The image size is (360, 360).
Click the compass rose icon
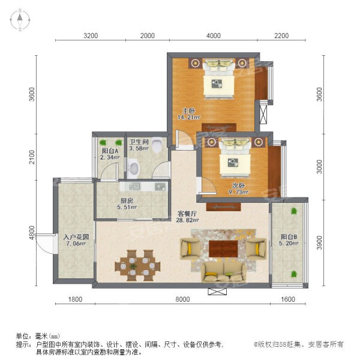coord(20,20)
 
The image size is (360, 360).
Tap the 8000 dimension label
coord(182,299)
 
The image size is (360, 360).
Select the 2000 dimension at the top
coord(148,35)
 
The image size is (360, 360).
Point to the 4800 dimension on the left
coord(32,233)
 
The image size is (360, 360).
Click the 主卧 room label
coord(189,111)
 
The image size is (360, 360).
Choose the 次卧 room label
coord(238,185)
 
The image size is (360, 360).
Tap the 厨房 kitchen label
coord(127,201)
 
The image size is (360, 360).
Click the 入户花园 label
coord(76,237)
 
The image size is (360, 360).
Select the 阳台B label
coord(289,236)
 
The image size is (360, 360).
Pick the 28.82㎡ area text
coord(187,220)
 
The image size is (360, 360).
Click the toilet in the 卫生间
coord(157,145)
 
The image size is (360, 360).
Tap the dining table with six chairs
coord(137,266)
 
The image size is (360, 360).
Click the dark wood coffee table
coord(223,249)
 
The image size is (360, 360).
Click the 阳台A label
coord(110,151)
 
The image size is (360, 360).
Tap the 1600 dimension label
coord(287,299)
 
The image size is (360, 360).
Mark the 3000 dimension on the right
coord(319,167)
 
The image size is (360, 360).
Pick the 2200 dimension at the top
coord(281,35)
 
